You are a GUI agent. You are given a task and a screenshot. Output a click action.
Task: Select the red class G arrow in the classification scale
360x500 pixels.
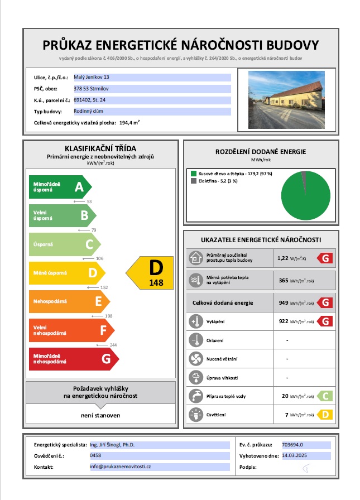[73, 359]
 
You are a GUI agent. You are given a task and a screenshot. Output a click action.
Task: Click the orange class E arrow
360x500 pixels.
[69, 302]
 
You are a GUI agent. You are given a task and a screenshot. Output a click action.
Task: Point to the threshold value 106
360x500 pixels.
[100, 258]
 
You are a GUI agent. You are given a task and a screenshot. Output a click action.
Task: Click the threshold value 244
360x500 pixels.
[114, 345]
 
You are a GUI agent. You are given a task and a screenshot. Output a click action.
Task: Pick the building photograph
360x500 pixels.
[286, 99]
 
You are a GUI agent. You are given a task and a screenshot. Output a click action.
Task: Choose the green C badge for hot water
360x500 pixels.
[325, 396]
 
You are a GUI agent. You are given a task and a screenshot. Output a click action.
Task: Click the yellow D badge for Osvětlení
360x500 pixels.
[325, 415]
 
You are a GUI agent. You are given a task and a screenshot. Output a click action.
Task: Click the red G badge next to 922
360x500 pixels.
[325, 321]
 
